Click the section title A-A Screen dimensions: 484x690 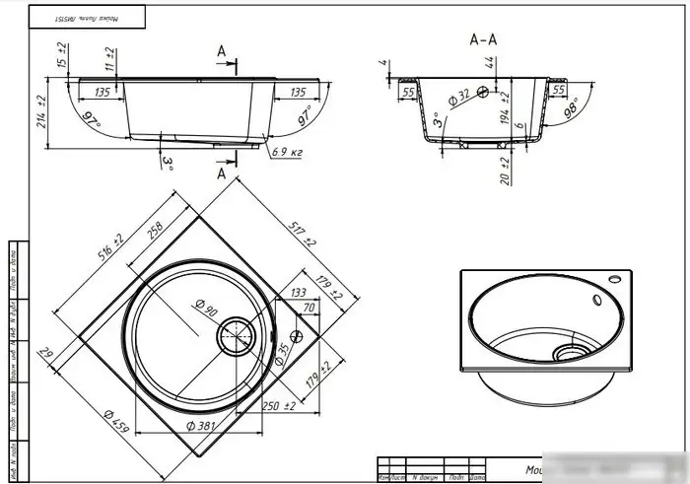pyautogui.click(x=484, y=39)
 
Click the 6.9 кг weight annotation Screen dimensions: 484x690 pyautogui.click(x=285, y=152)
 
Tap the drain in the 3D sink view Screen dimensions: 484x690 pyautogui.click(x=569, y=351)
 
